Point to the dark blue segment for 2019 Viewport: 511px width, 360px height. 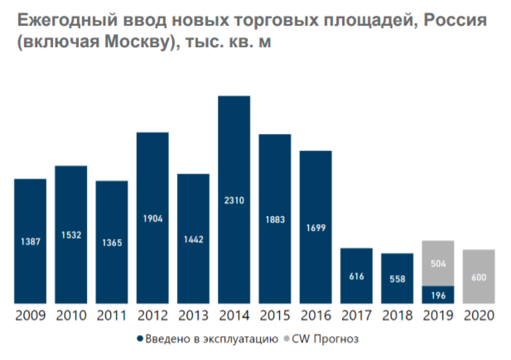point(438,294)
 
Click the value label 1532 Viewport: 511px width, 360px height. point(71,236)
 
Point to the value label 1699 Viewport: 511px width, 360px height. point(316,227)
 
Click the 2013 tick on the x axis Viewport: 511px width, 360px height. point(194,314)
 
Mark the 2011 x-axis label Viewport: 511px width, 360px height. point(113,314)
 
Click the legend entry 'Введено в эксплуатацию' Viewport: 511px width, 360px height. point(212,338)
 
